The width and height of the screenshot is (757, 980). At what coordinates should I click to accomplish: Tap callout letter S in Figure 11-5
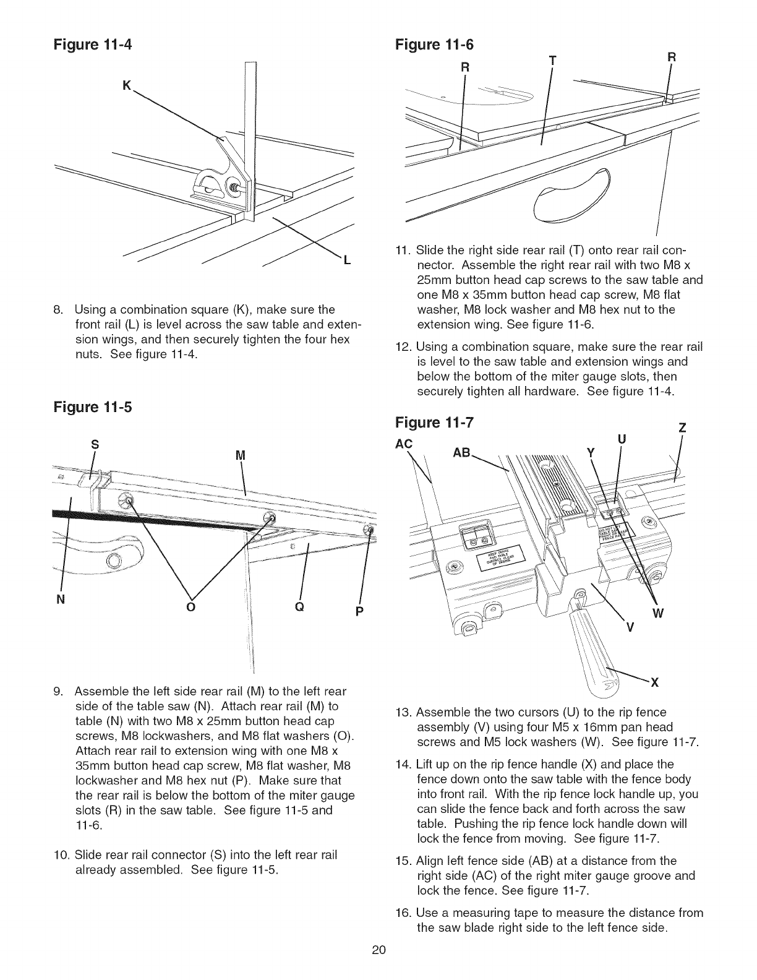pyautogui.click(x=95, y=444)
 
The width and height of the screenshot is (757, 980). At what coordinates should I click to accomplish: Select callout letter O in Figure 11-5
pyautogui.click(x=190, y=608)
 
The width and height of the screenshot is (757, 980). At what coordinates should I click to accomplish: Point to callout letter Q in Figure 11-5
pyautogui.click(x=299, y=608)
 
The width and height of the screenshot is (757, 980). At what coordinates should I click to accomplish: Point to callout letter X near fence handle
pyautogui.click(x=654, y=683)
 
